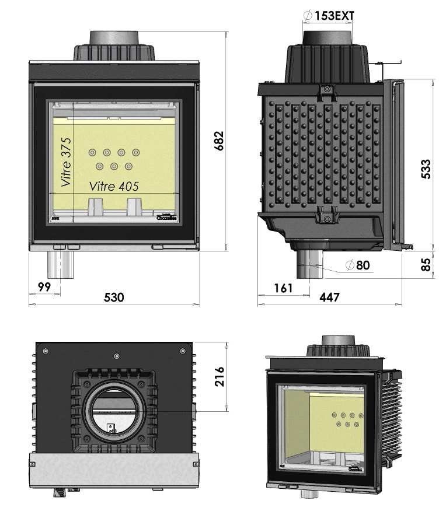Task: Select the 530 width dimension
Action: click(114, 297)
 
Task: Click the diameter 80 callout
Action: click(357, 265)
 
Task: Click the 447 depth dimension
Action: click(329, 297)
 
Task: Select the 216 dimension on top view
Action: click(219, 377)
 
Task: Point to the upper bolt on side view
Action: click(327, 90)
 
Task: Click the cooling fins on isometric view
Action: click(393, 420)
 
